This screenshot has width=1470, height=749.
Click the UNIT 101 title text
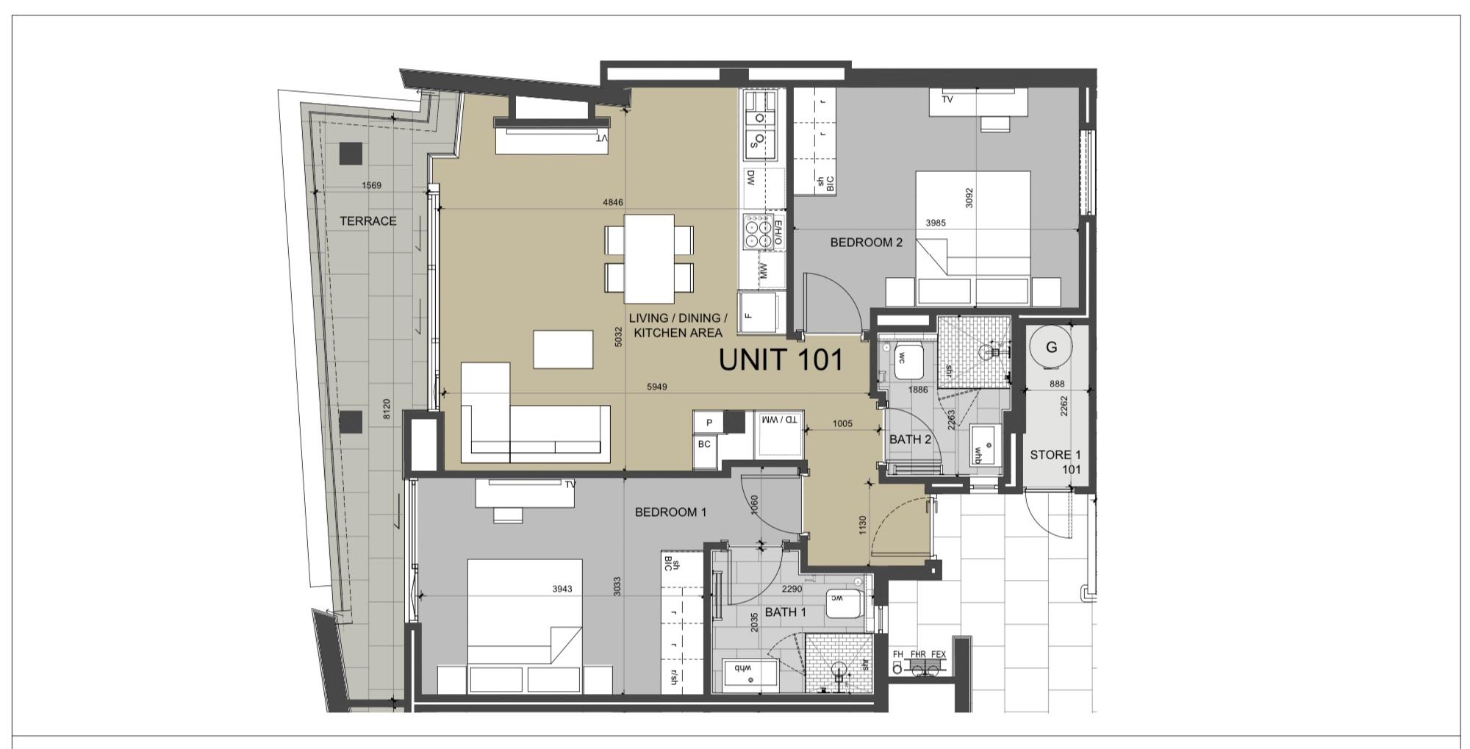(x=781, y=360)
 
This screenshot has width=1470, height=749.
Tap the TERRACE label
(x=367, y=221)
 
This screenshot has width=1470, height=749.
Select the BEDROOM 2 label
(x=866, y=243)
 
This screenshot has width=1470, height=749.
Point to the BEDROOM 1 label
(x=670, y=512)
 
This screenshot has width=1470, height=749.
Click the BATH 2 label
(x=910, y=440)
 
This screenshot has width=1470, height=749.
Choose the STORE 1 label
(x=1055, y=455)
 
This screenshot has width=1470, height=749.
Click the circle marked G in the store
(x=1051, y=347)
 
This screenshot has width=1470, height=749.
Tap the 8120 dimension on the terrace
(x=387, y=409)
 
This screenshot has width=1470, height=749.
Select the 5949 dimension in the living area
(x=656, y=387)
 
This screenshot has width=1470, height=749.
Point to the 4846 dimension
(x=612, y=202)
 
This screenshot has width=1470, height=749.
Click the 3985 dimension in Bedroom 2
(x=936, y=223)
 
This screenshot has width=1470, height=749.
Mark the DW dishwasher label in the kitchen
(x=751, y=178)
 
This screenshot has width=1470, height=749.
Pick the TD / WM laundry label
(x=781, y=420)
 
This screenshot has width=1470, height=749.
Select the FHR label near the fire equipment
(x=918, y=654)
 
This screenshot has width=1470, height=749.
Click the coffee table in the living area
(x=563, y=349)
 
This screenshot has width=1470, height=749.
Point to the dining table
(x=649, y=259)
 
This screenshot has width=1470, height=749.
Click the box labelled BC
(x=704, y=444)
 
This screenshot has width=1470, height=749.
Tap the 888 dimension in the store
(x=1057, y=384)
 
